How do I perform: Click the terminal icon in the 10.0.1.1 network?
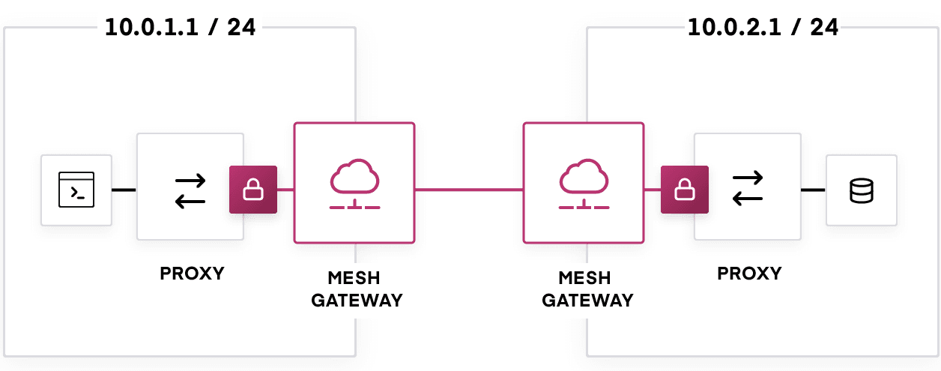coord(76,190)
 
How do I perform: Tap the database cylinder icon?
coord(862,190)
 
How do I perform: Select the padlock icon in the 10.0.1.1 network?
coord(253,190)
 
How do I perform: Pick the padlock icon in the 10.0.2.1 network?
coord(684,190)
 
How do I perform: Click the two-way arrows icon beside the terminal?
coord(190,190)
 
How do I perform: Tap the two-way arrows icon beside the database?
coord(748,187)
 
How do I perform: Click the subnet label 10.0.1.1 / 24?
coord(180,28)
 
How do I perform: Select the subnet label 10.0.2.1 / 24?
coord(763,28)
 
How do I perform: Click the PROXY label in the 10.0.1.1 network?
coord(192,273)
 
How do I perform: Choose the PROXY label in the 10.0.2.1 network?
coord(749,273)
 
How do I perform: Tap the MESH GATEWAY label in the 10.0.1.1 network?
coord(357,289)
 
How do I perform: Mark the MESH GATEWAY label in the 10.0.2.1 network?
coord(587,289)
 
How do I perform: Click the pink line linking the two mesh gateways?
coord(469,190)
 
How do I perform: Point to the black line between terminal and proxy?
coord(124,190)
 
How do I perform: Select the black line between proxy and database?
coord(813,190)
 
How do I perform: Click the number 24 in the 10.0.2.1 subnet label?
coord(824,28)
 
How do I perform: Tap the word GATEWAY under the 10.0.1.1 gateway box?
coord(357,301)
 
